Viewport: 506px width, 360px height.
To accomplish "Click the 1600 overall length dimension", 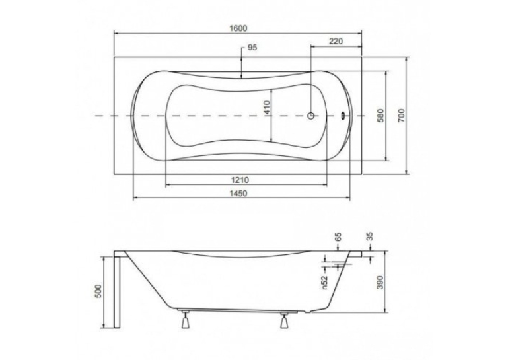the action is (x=238, y=28).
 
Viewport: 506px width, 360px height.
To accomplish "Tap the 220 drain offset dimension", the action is (x=336, y=42).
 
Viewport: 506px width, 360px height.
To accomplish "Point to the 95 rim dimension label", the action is (x=252, y=48).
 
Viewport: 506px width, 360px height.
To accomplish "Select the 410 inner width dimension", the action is (x=267, y=108).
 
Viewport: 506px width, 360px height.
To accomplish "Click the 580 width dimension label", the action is (x=380, y=115).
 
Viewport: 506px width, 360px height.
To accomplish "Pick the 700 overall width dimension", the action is (x=401, y=115).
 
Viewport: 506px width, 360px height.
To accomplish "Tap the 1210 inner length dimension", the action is (x=239, y=180).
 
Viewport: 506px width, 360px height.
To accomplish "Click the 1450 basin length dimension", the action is (x=238, y=193).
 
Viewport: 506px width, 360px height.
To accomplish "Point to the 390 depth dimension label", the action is (x=380, y=282).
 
